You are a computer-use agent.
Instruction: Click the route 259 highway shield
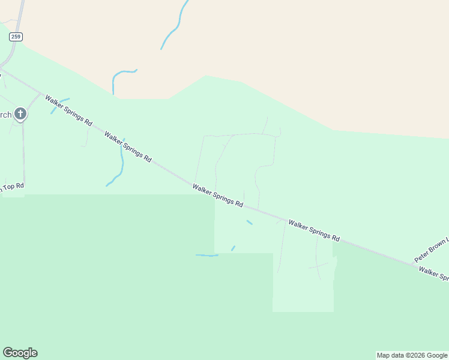tap(16, 37)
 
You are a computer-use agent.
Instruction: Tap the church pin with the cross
tap(20, 114)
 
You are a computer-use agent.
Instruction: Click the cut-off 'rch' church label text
tap(5, 115)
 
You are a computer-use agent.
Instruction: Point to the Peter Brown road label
tap(431, 250)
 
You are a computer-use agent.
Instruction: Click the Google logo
tap(20, 353)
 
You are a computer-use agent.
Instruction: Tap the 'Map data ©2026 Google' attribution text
tap(412, 355)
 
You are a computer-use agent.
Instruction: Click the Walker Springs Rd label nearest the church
tap(68, 110)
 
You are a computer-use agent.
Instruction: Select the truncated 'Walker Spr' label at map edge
tap(434, 274)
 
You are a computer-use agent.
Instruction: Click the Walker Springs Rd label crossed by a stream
tap(127, 146)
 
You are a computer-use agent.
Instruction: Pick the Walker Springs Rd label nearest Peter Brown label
tap(314, 230)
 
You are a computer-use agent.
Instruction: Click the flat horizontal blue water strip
tap(206, 256)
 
